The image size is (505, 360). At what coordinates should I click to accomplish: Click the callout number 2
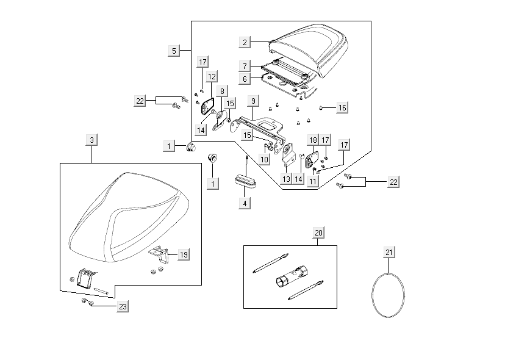(245, 42)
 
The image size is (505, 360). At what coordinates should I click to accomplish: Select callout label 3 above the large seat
(91, 140)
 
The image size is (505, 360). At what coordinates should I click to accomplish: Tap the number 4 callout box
(245, 203)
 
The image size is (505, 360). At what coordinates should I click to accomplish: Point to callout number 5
(174, 51)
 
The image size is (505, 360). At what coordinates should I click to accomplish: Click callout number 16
(342, 107)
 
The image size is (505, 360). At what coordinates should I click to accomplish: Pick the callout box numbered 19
(184, 254)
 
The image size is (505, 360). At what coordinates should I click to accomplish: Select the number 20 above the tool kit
(318, 232)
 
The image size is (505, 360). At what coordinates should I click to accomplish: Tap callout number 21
(390, 251)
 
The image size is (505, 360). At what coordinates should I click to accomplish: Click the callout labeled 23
(123, 306)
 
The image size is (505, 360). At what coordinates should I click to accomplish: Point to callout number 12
(211, 77)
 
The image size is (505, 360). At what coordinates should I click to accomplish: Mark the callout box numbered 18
(313, 140)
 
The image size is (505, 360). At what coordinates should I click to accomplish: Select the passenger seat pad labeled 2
(308, 49)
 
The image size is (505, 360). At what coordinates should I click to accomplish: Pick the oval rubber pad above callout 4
(245, 181)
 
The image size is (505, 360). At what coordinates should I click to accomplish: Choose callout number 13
(286, 178)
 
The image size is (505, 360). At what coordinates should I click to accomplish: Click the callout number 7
(244, 66)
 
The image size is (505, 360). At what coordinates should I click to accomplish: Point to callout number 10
(263, 160)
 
